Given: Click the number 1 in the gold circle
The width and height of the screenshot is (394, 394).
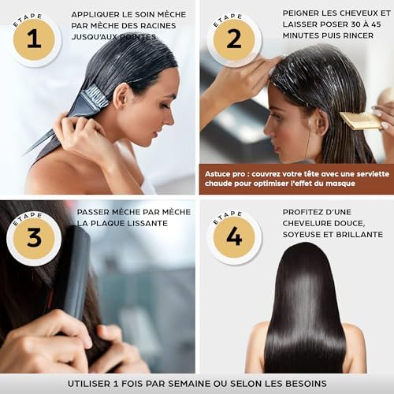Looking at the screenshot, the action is point(34,39).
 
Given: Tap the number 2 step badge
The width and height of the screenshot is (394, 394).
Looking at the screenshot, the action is point(234,39).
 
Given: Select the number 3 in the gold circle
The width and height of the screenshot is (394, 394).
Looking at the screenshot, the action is point(34,238).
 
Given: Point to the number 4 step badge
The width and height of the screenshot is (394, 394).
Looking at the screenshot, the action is point(234,237).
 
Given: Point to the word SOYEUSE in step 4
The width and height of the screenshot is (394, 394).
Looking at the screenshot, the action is point(301,235).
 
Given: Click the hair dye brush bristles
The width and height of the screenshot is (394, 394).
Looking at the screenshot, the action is point(95,97).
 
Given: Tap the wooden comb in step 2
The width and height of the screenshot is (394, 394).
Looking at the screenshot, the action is point(360,121).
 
